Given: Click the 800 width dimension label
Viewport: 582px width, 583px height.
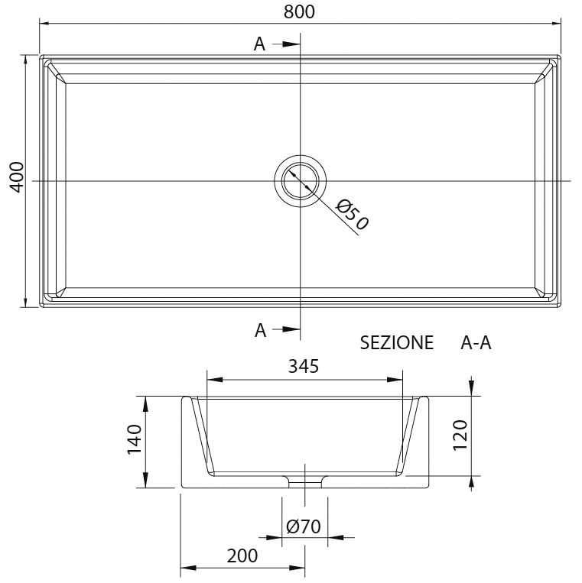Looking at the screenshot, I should [x=299, y=11].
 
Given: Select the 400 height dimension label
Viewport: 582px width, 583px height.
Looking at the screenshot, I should [x=17, y=178].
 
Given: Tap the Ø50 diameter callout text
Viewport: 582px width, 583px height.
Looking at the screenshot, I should [x=353, y=215].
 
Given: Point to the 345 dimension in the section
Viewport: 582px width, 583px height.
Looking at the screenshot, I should [x=304, y=366].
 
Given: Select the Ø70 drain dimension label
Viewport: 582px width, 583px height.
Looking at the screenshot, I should [x=303, y=526].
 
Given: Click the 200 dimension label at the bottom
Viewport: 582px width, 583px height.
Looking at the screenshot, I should [x=242, y=556].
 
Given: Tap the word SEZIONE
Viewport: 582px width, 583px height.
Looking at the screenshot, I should [x=396, y=343].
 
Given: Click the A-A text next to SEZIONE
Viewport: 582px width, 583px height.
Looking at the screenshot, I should [x=475, y=343].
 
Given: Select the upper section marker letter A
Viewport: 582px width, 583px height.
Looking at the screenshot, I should [x=260, y=44].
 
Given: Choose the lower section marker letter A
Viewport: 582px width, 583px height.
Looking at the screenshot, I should [x=260, y=330].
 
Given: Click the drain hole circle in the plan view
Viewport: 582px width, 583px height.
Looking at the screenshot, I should [x=301, y=180].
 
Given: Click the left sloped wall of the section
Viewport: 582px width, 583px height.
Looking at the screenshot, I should [x=200, y=436].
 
